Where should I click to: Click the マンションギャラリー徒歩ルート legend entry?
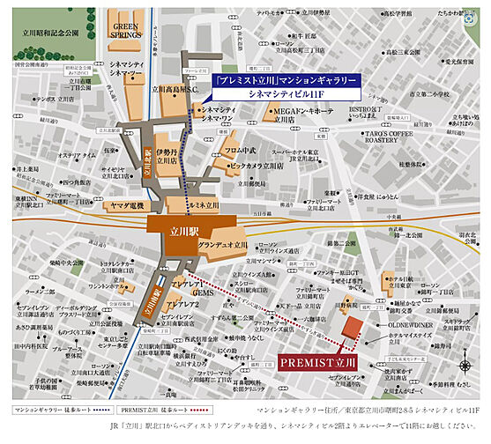[56, 387]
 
